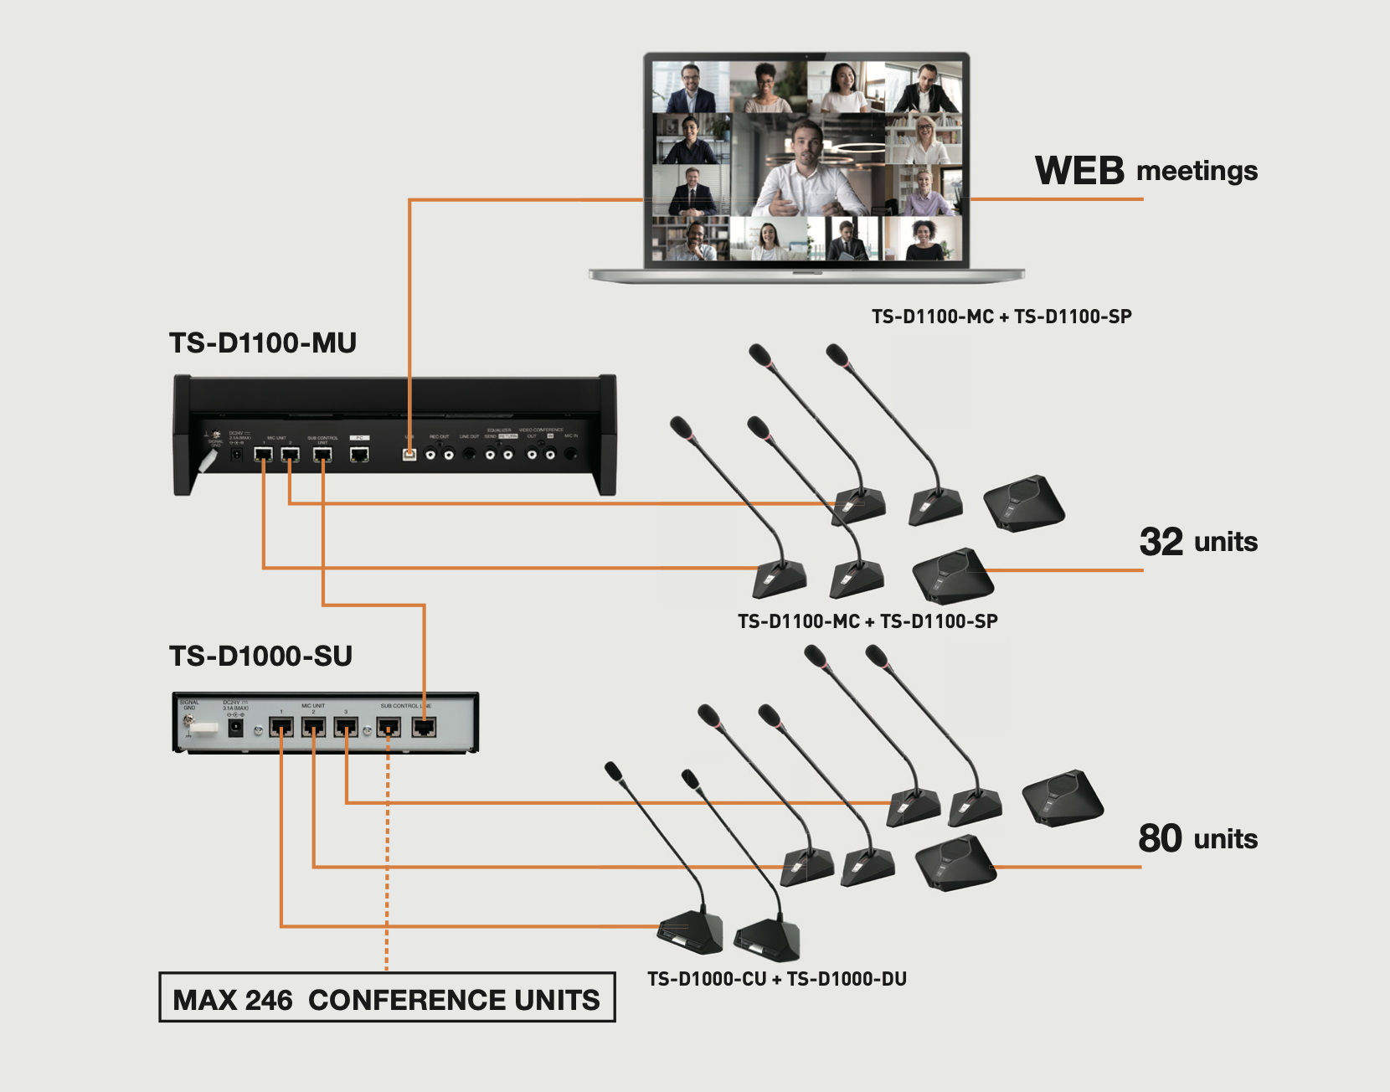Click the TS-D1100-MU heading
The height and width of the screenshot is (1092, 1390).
point(263,343)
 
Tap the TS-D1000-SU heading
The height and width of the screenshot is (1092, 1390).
point(260,657)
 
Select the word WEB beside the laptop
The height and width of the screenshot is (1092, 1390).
point(1079,171)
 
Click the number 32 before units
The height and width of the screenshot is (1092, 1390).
point(1161,542)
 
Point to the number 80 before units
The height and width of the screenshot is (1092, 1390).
point(1160,838)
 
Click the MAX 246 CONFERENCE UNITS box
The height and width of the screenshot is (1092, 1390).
point(387,997)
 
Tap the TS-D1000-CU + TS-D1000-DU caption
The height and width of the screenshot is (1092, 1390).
point(776,979)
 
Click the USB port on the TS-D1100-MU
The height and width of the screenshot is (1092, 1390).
point(409,454)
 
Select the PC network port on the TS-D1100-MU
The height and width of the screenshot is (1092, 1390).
point(359,454)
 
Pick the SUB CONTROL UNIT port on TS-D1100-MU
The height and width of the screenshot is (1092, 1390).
point(322,454)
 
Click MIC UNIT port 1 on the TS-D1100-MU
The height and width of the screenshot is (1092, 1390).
point(263,454)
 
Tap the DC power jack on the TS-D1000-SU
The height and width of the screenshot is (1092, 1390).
point(236,728)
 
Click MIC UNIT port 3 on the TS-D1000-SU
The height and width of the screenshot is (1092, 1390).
point(346,726)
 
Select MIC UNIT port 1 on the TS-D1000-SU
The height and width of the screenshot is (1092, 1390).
point(281,726)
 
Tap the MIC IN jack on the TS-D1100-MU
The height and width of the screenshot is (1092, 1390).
point(571,453)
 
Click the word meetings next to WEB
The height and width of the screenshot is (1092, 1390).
point(1197,172)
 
